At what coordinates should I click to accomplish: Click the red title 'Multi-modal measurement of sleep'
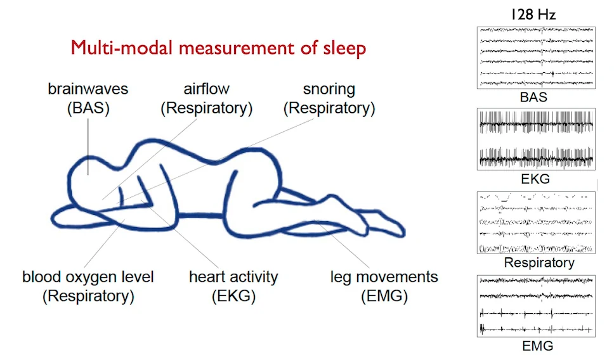[218, 48]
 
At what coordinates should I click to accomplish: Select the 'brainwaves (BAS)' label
[88, 98]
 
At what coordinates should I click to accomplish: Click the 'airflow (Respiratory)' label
[207, 98]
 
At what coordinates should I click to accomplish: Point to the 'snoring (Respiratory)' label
[329, 98]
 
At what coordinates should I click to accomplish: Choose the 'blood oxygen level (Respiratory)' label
[88, 286]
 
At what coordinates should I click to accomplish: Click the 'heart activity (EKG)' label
[233, 286]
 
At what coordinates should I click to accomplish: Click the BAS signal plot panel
[536, 58]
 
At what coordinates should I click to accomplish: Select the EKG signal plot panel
[536, 139]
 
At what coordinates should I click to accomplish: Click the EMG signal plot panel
[536, 305]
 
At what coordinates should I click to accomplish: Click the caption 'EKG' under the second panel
[535, 179]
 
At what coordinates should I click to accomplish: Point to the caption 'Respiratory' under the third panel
[539, 262]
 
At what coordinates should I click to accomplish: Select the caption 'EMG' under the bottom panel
[537, 346]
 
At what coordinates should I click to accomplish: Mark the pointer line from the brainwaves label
[88, 143]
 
